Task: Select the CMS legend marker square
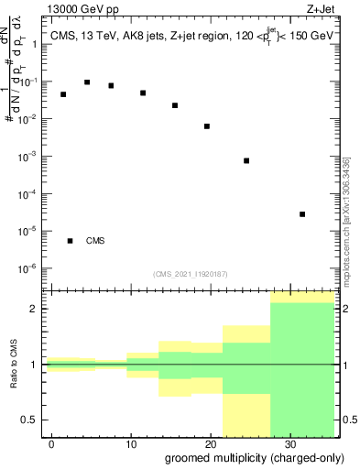click(71, 241)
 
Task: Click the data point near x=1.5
click(63, 94)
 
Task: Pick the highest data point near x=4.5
click(87, 82)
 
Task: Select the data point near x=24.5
click(246, 160)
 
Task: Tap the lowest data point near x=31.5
click(302, 214)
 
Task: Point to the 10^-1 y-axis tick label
click(31, 82)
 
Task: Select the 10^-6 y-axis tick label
click(31, 268)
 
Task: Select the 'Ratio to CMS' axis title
click(13, 365)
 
